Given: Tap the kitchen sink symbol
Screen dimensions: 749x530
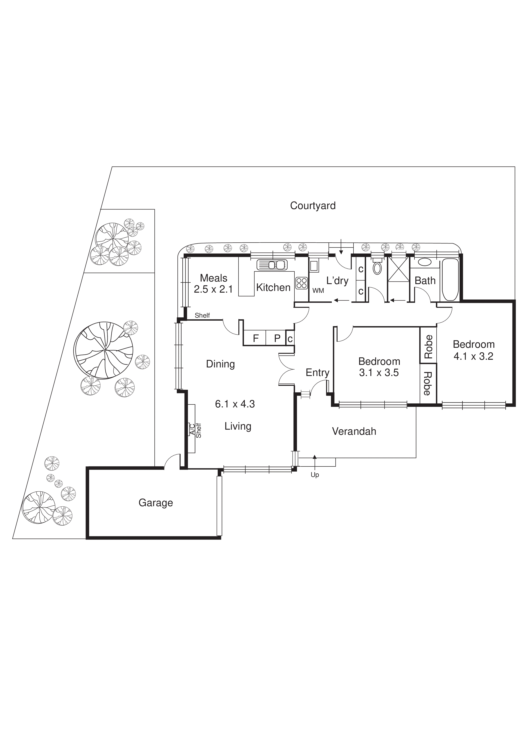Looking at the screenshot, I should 272,265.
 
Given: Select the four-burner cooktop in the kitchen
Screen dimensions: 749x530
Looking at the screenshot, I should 301,283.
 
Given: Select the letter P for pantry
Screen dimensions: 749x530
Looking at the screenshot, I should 277,338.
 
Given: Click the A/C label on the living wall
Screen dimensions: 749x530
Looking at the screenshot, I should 192,429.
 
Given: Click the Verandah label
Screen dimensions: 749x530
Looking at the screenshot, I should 354,431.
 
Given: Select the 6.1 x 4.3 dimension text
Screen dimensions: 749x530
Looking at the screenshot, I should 235,404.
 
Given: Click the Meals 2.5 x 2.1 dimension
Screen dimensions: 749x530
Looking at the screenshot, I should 213,289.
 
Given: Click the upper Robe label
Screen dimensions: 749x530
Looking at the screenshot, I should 428,346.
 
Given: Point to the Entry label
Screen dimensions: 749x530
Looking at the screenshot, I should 317,373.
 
